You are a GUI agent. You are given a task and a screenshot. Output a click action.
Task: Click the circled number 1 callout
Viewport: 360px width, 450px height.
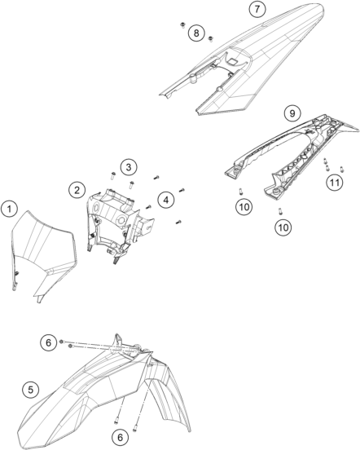[10, 209]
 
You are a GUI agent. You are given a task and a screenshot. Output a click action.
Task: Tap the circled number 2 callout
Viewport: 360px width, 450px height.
[77, 190]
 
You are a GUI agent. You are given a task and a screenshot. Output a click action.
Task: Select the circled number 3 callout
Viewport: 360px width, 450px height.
[129, 167]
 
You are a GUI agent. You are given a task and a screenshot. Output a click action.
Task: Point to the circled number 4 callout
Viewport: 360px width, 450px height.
[166, 200]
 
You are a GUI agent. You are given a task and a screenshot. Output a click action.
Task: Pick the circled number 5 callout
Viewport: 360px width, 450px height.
[31, 390]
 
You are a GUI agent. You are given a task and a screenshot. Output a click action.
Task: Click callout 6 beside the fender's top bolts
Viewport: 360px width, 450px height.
[48, 342]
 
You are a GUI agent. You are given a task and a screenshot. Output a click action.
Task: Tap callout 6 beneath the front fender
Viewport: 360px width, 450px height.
[120, 437]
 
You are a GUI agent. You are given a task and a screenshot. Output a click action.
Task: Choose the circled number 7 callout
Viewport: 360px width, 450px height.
[257, 9]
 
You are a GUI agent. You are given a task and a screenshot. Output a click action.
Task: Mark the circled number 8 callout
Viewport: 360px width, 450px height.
[196, 33]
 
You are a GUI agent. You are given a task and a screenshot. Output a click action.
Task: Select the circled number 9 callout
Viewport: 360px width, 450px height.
[292, 113]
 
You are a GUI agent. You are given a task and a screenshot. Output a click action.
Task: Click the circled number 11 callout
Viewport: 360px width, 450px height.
[335, 183]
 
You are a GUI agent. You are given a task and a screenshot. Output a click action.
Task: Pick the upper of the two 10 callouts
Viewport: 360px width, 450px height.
[244, 206]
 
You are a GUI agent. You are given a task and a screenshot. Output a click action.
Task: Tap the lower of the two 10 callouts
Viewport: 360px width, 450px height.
[283, 227]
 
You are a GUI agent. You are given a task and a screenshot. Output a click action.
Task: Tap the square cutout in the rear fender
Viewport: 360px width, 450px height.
[233, 60]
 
